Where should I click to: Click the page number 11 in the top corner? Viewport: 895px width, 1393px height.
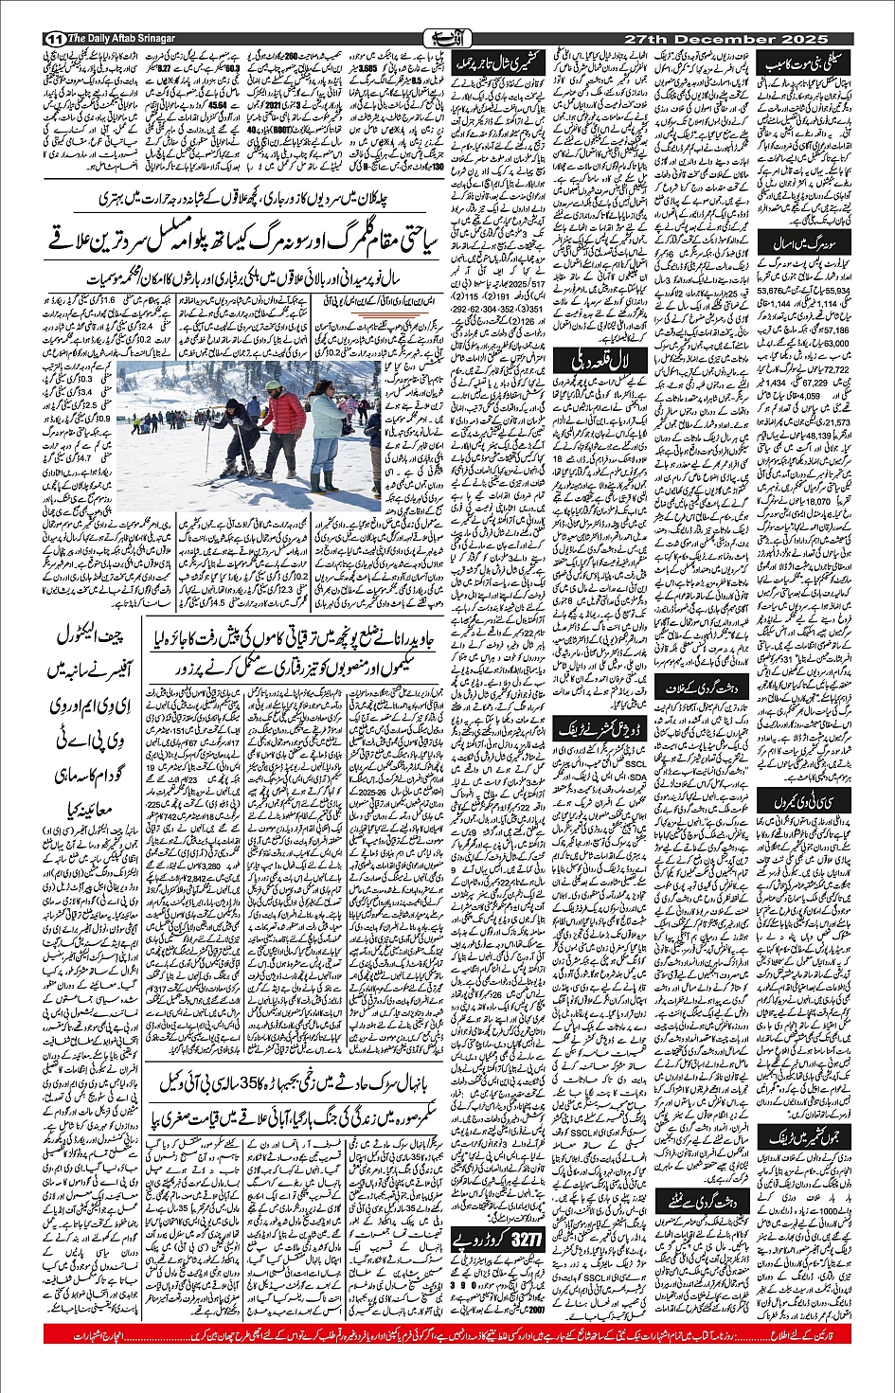point(54,38)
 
